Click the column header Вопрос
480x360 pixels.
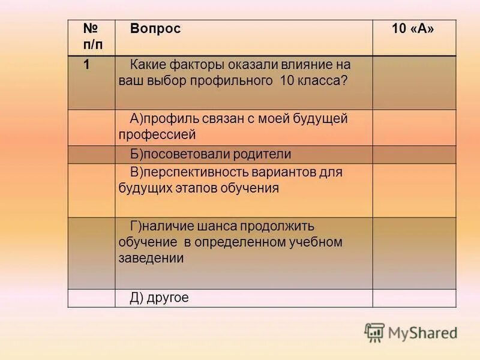coord(155,29)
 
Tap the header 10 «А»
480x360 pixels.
coord(413,29)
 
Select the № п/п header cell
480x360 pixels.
coord(91,37)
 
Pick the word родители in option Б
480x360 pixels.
coord(261,154)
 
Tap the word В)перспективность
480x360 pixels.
coord(191,172)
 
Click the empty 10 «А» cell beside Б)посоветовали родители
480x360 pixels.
coord(414,154)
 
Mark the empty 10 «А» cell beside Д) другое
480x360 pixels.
coord(414,298)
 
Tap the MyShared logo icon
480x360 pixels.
coord(374,332)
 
